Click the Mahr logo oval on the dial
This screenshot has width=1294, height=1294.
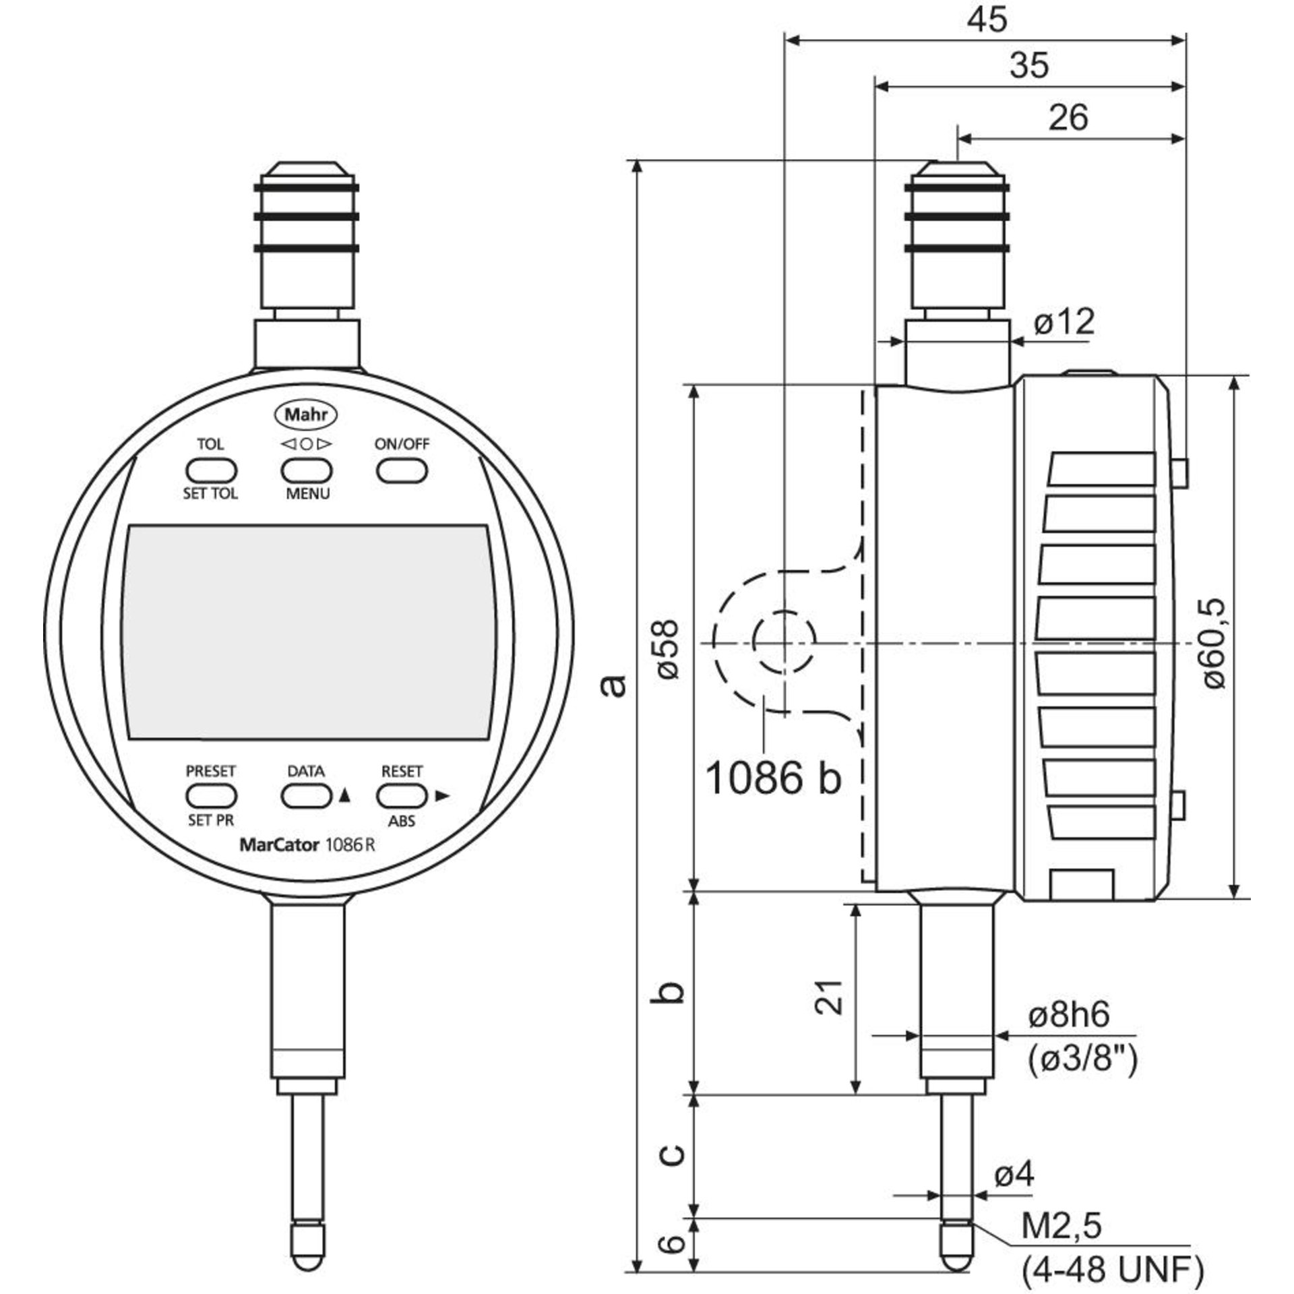[x=307, y=414]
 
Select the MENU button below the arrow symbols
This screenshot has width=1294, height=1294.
[x=307, y=470]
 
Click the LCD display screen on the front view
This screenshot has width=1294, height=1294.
[x=307, y=631]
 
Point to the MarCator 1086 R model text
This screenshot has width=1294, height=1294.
[x=307, y=845]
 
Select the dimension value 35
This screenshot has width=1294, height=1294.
[x=1030, y=65]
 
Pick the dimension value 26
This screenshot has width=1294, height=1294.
[x=1068, y=117]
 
